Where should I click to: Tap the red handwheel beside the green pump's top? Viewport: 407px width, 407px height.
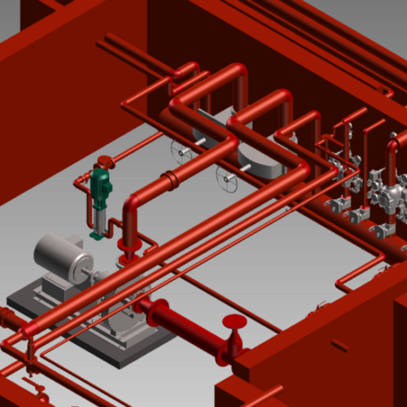click(104, 160)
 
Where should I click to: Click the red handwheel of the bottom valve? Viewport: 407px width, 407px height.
click(234, 322)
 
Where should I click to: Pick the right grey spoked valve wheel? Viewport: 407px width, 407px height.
click(226, 177)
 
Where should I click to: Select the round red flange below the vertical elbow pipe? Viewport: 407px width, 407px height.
click(129, 243)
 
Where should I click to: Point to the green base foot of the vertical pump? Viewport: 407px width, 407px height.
click(98, 237)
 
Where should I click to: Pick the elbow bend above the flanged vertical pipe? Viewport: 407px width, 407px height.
click(134, 201)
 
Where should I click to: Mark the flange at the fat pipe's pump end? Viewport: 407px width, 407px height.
click(147, 306)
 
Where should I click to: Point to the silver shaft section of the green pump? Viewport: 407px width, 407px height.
click(98, 218)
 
